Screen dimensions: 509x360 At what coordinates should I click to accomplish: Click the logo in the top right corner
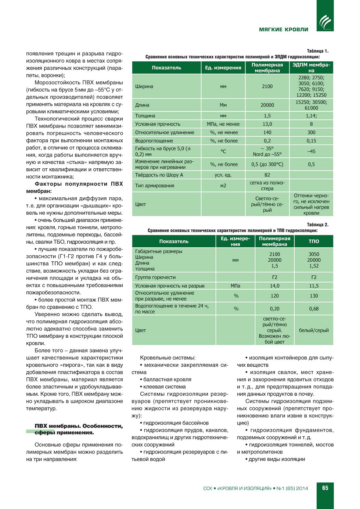click(x=325, y=21)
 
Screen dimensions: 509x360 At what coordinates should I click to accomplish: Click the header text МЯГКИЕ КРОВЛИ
click(x=284, y=29)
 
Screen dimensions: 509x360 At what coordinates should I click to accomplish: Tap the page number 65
click(x=325, y=488)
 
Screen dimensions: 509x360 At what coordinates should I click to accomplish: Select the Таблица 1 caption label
click(x=318, y=51)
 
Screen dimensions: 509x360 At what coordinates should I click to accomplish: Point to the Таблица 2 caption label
click(x=318, y=225)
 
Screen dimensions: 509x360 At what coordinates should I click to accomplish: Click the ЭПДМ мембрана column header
click(x=311, y=68)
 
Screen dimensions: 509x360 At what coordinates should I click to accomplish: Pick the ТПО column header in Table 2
click(x=314, y=241)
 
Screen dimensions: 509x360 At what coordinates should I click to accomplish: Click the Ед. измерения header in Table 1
click(x=223, y=68)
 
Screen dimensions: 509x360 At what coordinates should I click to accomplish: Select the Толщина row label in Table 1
click(x=145, y=116)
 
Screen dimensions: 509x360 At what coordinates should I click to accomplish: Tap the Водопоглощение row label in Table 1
click(x=154, y=141)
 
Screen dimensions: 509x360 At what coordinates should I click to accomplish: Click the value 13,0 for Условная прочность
click(x=267, y=124)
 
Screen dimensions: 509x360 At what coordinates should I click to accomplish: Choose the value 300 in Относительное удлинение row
click(x=311, y=133)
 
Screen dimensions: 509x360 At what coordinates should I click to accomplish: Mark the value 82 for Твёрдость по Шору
click(x=267, y=175)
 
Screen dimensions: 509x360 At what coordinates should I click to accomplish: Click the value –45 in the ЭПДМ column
click(x=311, y=151)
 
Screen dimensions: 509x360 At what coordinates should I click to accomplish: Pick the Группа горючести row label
click(x=155, y=277)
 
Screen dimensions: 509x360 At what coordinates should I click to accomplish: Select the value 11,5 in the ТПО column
click(x=314, y=286)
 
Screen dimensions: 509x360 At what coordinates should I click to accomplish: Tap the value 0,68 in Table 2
click(x=314, y=309)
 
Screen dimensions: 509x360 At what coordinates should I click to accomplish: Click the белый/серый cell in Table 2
click(x=314, y=330)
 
